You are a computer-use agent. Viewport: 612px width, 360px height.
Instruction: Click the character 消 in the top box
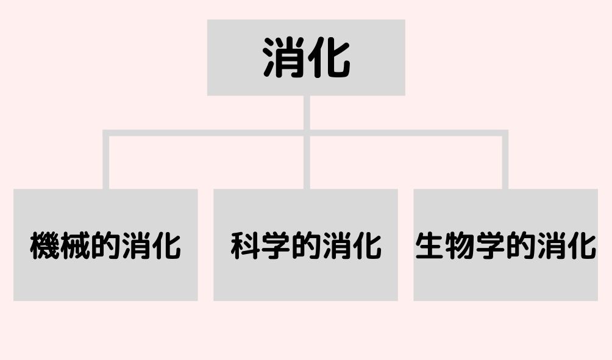click(x=283, y=57)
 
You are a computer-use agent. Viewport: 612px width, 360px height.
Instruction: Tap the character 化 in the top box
click(x=329, y=57)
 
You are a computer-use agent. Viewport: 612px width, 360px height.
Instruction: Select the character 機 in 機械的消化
click(x=45, y=245)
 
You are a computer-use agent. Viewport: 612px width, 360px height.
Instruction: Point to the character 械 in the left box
click(x=75, y=245)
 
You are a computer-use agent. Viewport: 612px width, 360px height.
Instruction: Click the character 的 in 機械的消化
click(x=105, y=245)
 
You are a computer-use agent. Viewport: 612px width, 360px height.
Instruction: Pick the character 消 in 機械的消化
click(x=136, y=245)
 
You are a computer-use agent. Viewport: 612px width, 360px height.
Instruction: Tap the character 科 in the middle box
click(x=245, y=245)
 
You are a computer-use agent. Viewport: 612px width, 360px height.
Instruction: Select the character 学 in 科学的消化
click(x=276, y=245)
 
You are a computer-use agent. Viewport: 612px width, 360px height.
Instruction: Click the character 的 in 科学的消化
click(x=305, y=245)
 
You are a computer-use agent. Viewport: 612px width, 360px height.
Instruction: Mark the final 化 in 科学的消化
click(x=366, y=245)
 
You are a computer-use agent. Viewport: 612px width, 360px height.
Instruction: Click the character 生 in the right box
click(x=430, y=245)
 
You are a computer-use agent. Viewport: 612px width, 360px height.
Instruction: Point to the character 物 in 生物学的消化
click(x=460, y=245)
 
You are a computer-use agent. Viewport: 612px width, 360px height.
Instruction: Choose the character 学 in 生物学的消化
click(x=491, y=245)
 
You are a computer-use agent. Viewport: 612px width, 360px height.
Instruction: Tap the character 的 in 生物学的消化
click(x=521, y=245)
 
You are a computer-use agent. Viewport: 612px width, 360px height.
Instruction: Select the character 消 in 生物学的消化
click(x=551, y=245)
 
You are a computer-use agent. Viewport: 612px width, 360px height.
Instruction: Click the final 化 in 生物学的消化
click(x=582, y=245)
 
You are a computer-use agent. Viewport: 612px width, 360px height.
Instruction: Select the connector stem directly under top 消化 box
click(x=307, y=113)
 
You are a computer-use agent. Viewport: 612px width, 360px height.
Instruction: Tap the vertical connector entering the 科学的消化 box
click(x=307, y=162)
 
